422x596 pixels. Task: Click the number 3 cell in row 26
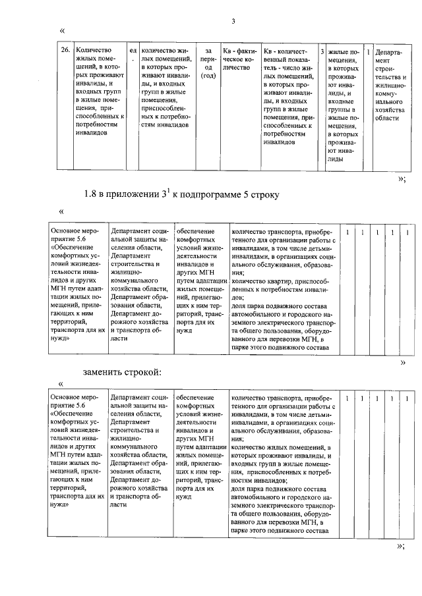[321, 49]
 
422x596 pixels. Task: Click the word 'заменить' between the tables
[105, 372]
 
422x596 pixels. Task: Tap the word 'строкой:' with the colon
[144, 372]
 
